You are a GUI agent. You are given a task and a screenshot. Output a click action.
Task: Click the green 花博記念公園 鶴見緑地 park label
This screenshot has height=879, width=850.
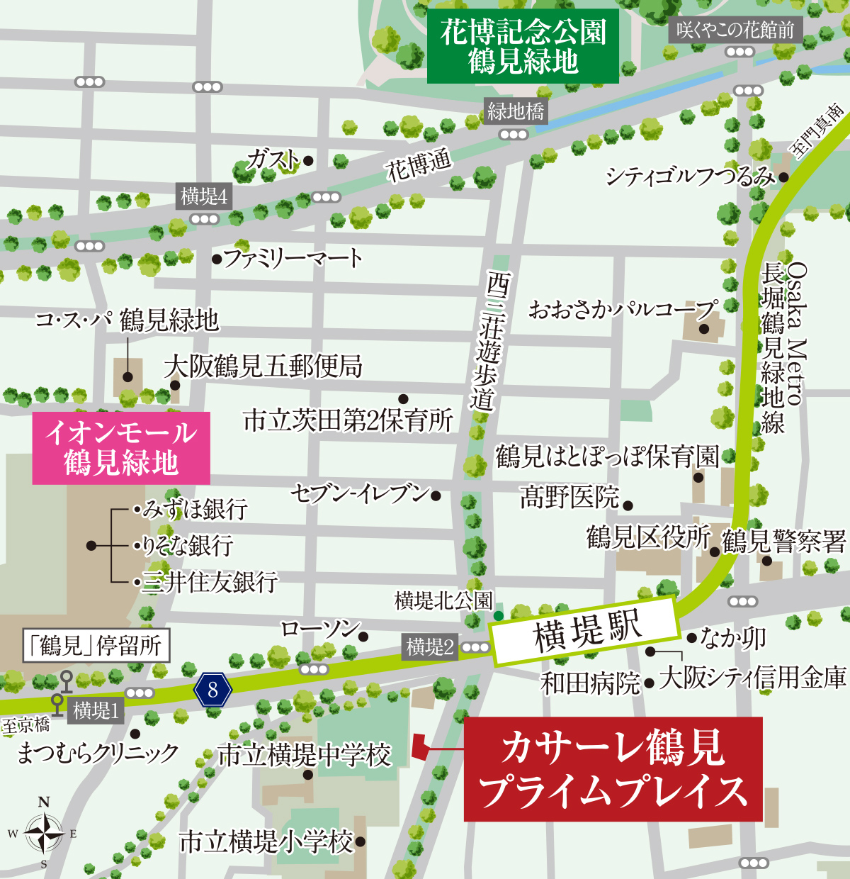(523, 47)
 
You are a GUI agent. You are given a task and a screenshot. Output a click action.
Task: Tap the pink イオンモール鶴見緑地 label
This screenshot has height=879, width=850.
(121, 448)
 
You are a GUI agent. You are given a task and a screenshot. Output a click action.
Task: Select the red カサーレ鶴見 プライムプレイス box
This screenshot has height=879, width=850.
(613, 769)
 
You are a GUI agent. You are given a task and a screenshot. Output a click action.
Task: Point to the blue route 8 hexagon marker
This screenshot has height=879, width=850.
(213, 689)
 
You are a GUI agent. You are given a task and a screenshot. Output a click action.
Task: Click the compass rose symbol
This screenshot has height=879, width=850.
(44, 834)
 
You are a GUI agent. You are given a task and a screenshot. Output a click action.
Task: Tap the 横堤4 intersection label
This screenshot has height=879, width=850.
(204, 196)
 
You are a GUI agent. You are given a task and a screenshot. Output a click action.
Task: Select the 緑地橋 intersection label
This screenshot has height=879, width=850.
(516, 111)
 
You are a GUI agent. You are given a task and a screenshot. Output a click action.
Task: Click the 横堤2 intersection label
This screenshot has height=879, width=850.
(430, 646)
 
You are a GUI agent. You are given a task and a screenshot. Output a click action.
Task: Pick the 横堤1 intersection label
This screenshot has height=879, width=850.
(96, 710)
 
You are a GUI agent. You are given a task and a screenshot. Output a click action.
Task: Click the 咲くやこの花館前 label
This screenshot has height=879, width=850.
(735, 30)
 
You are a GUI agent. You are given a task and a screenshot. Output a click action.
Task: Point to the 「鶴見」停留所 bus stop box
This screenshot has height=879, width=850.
(96, 646)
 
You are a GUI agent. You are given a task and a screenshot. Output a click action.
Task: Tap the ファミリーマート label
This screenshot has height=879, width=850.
(293, 259)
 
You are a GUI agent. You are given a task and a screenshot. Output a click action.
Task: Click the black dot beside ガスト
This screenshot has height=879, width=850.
(309, 161)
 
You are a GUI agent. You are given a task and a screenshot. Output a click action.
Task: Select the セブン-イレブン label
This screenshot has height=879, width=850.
(361, 493)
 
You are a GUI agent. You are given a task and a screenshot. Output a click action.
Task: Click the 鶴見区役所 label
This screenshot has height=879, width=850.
(647, 538)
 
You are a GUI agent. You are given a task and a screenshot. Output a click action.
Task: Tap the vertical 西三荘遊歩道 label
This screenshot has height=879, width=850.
(484, 340)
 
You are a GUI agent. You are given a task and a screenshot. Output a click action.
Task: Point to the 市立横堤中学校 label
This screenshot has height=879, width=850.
(305, 754)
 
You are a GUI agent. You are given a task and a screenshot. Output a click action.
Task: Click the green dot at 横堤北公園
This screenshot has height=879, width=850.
(499, 615)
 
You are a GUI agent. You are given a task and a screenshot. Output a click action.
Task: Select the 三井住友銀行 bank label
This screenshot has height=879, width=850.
(210, 582)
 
